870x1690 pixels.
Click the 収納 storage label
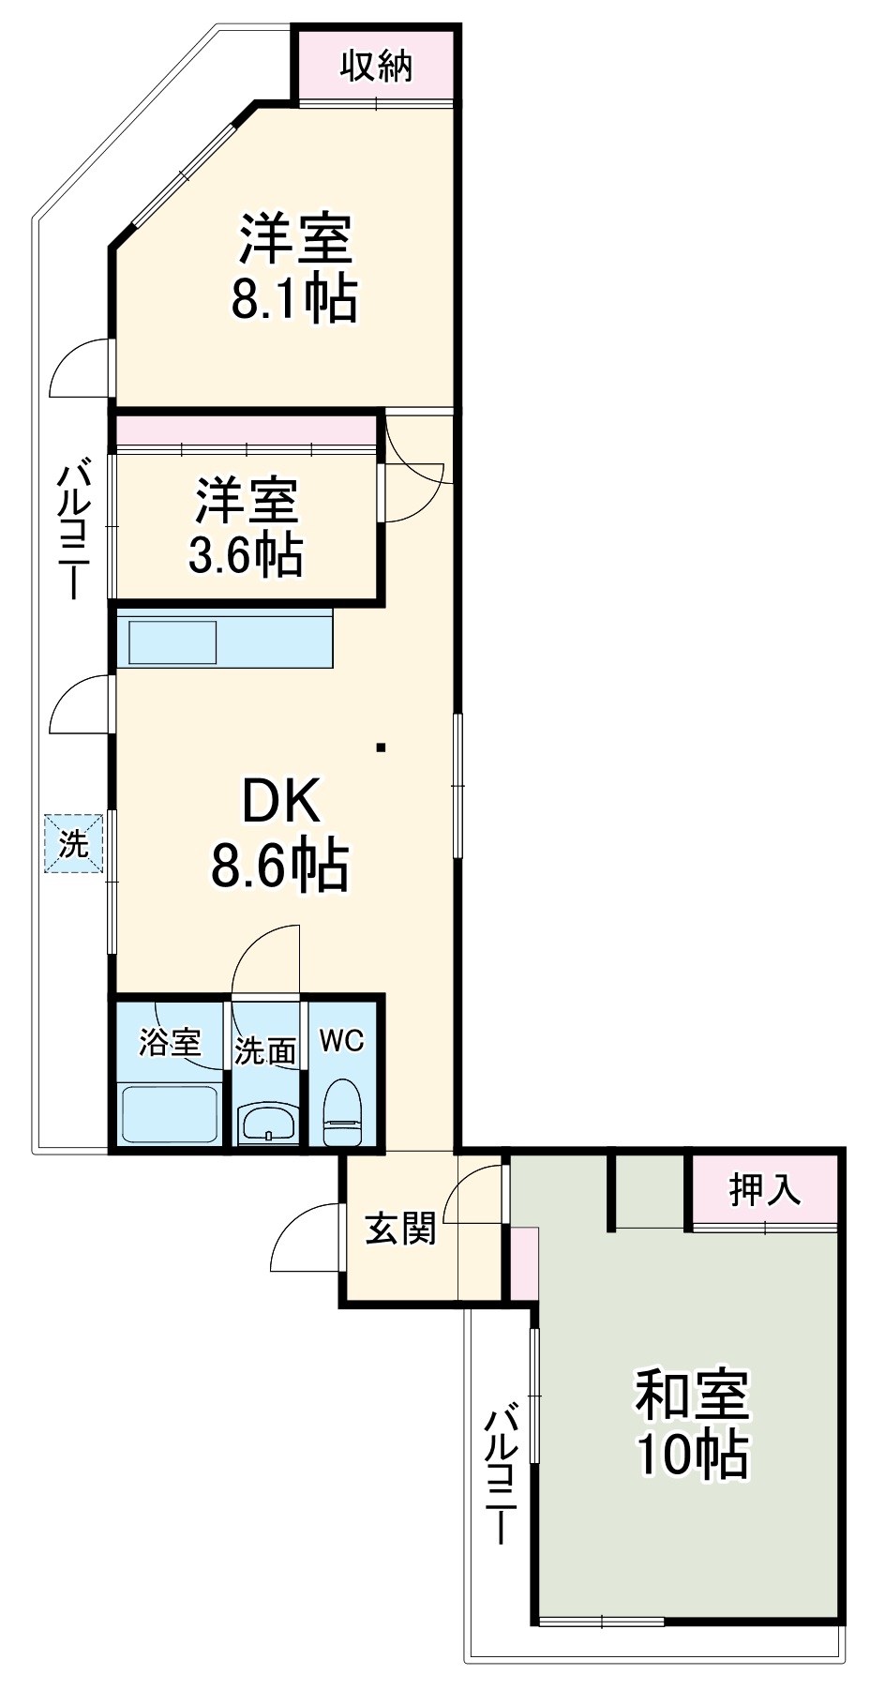tap(376, 67)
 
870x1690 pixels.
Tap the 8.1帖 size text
tap(294, 299)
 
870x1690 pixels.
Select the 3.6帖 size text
tap(246, 554)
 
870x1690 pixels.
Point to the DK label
tap(280, 802)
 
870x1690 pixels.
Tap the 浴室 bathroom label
tap(170, 1042)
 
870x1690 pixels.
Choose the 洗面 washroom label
tap(265, 1051)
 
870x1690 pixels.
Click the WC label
tap(341, 1040)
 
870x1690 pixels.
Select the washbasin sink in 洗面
tap(268, 1122)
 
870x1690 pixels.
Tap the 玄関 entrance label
tap(400, 1228)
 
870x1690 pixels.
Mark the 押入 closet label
tap(765, 1189)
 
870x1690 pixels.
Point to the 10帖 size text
tap(693, 1455)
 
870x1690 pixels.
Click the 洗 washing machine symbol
tap(73, 843)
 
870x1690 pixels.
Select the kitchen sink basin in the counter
tap(172, 641)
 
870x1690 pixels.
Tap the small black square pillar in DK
tap(381, 747)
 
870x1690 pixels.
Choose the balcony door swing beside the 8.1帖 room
tap(81, 368)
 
